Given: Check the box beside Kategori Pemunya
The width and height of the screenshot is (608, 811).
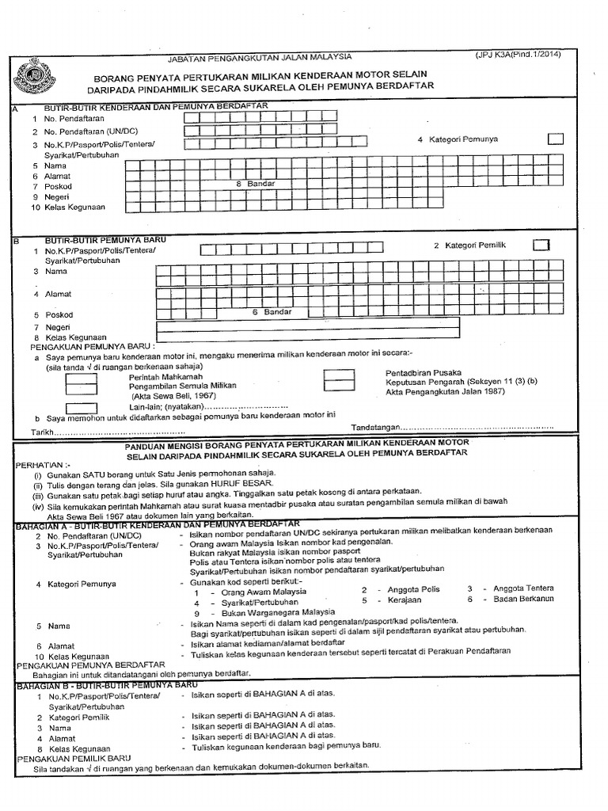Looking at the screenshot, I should pyautogui.click(x=557, y=139).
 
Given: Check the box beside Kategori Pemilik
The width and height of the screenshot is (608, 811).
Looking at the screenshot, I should pyautogui.click(x=541, y=245).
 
